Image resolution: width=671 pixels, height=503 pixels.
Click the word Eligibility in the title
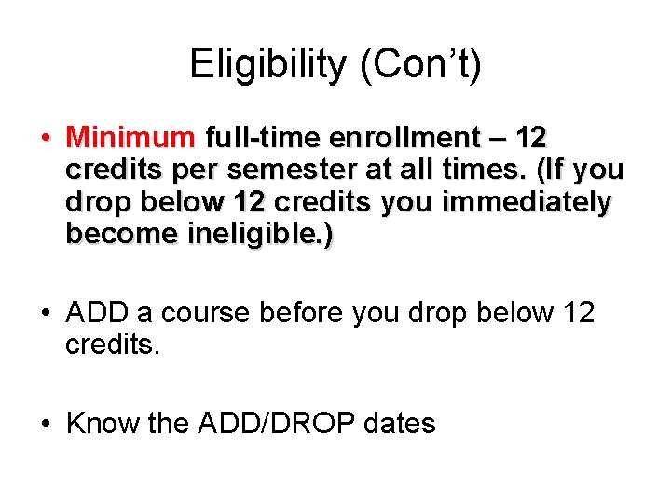[267, 64]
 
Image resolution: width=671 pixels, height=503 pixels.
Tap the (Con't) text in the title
[418, 64]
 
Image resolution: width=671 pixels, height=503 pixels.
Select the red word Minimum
[130, 139]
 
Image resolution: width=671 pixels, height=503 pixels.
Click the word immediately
[527, 202]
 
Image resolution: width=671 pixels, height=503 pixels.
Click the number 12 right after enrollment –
[530, 139]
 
